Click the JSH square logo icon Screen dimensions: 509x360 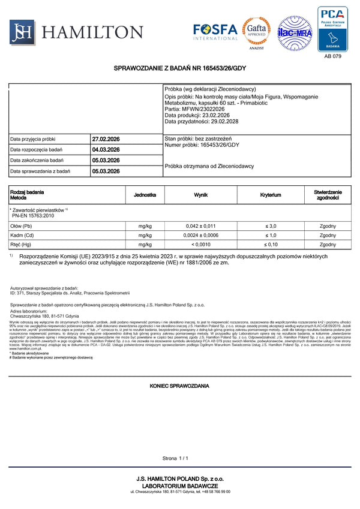(21, 31)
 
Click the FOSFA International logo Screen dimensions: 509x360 (215, 30)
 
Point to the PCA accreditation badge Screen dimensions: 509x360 (332, 29)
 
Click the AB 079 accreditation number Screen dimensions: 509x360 (332, 56)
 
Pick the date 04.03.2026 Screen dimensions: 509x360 (106, 150)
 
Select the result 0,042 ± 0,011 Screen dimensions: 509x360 (201, 226)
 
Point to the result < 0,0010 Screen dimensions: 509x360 (201, 245)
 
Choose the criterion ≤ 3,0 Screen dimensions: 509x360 (271, 226)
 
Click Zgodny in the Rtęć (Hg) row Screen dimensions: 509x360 (328, 245)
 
